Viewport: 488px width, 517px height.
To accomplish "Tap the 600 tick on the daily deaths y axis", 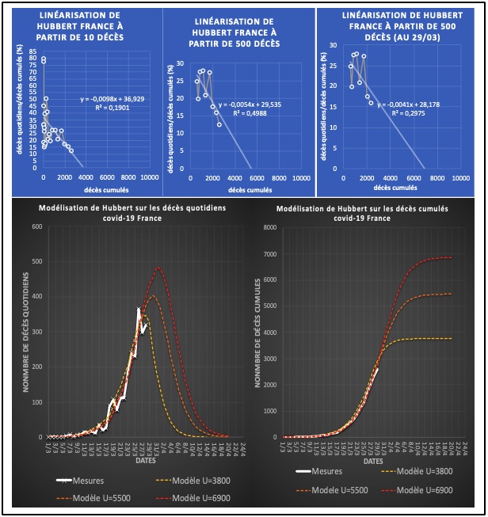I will [x=36, y=227].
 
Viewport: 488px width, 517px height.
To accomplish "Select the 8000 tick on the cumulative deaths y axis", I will [x=269, y=227].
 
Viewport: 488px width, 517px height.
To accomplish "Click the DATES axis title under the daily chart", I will [x=145, y=458].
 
